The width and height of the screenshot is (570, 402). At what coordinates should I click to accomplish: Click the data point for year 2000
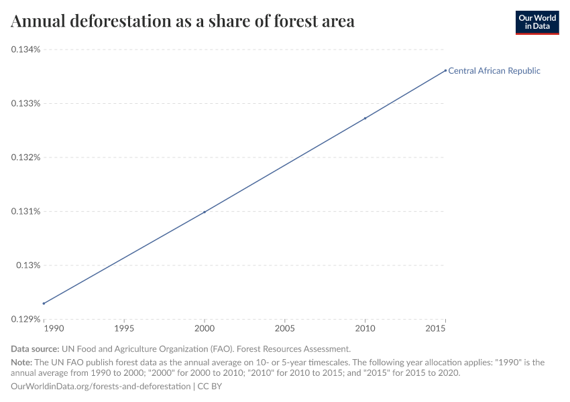(x=205, y=212)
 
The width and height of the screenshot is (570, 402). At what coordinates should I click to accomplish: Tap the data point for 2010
(x=365, y=119)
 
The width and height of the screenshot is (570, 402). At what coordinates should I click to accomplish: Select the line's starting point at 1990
(x=44, y=304)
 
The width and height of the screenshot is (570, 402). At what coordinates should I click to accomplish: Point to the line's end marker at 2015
(x=445, y=70)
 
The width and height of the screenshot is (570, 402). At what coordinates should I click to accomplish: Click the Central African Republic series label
(x=494, y=70)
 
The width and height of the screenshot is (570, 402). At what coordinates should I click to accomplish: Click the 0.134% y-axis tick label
(x=25, y=50)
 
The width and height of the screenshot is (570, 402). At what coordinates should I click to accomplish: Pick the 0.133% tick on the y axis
(x=25, y=104)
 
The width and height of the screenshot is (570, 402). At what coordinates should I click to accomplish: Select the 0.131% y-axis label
(x=25, y=212)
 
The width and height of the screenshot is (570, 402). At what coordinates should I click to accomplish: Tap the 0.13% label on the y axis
(x=28, y=265)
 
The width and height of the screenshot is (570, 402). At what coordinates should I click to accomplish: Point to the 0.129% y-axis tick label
(x=25, y=320)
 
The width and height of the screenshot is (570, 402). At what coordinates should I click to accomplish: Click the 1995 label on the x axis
(x=124, y=329)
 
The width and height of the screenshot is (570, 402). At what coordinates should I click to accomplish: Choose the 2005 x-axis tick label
(x=285, y=329)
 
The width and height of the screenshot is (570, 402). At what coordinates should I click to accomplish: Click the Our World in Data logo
(x=536, y=22)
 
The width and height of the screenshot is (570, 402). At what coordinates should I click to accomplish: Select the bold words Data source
(x=35, y=349)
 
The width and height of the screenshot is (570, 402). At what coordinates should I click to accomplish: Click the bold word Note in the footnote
(x=22, y=362)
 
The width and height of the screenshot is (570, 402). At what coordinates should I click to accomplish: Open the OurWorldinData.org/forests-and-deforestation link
(x=101, y=387)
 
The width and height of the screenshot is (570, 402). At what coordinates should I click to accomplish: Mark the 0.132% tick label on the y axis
(x=25, y=157)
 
